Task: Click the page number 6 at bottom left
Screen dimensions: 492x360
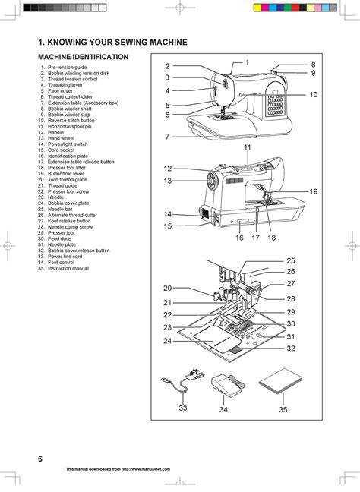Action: tap(39, 459)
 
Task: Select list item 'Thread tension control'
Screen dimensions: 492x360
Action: tap(72, 79)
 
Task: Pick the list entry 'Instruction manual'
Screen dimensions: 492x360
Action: tap(68, 268)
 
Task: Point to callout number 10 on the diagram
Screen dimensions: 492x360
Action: tap(313, 94)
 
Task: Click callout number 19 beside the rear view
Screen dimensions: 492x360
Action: tap(313, 192)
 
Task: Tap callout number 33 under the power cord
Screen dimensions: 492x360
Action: tap(183, 408)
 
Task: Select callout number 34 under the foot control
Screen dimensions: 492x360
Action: tap(223, 409)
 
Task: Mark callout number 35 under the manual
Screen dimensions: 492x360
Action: tap(283, 409)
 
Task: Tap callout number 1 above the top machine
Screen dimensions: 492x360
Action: tap(246, 61)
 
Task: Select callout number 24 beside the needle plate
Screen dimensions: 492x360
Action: tap(167, 341)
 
